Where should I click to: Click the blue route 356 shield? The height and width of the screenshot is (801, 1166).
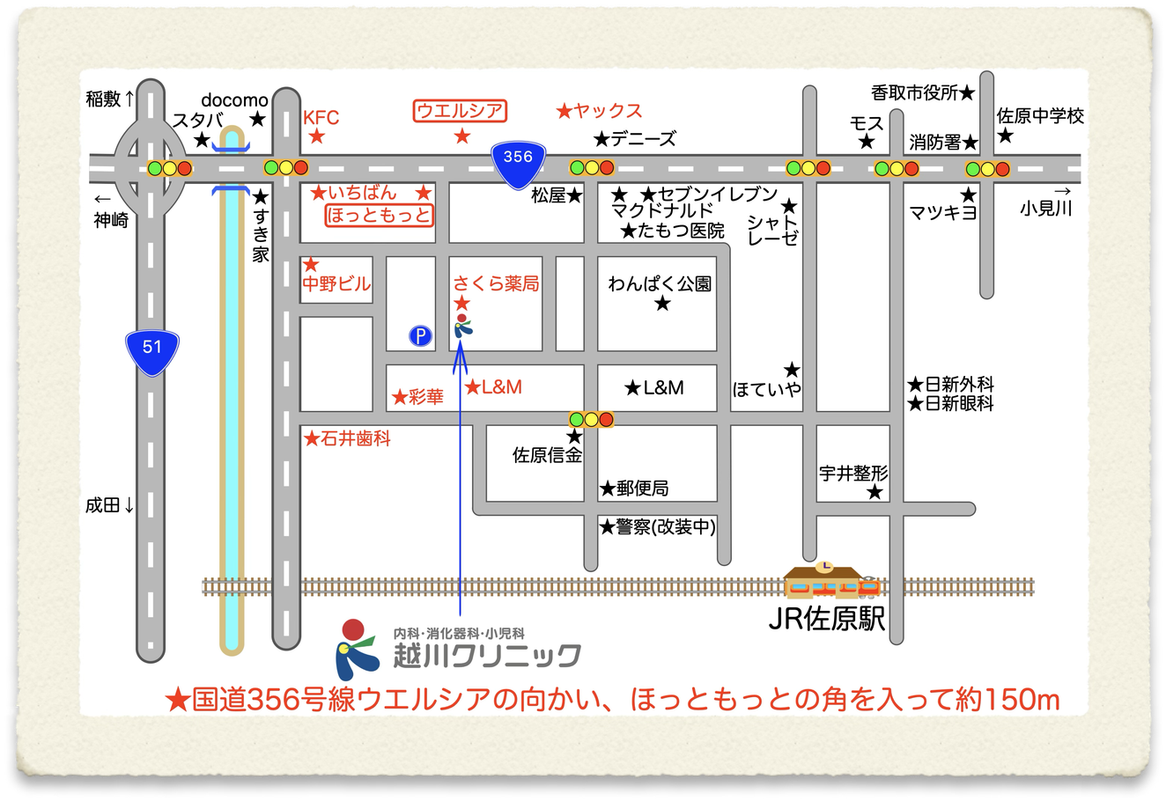518,160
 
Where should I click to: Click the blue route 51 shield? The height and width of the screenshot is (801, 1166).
152,349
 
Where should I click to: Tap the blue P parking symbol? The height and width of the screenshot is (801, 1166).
421,335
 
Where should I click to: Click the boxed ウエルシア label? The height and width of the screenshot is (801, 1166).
461,111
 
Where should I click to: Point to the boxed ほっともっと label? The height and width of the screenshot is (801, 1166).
380,215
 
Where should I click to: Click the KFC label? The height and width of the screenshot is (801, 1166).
321,118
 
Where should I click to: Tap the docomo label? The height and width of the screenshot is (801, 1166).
234,99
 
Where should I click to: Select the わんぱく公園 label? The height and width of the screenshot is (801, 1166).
660,284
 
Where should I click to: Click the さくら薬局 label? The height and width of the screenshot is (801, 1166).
496,283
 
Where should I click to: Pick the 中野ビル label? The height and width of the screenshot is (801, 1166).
336,284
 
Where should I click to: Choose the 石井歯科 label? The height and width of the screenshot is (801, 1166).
355,438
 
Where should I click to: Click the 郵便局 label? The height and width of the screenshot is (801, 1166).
642,489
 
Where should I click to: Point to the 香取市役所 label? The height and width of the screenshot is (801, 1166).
914,92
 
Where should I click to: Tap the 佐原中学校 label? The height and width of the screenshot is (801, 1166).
1040,116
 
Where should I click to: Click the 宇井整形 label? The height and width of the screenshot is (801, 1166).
853,473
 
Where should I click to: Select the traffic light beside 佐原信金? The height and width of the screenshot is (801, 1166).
591,419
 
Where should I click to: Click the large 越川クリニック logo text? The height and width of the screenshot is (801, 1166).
487,656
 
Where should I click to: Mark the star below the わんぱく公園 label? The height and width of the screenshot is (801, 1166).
662,305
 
